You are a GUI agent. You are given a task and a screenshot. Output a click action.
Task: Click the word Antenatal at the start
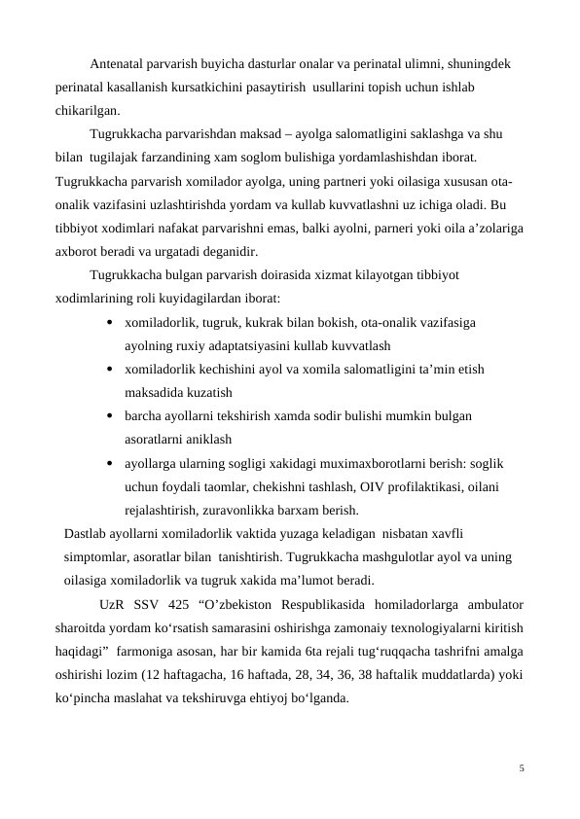pos(117,65)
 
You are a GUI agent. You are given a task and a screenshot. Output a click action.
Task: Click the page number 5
pos(522,768)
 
